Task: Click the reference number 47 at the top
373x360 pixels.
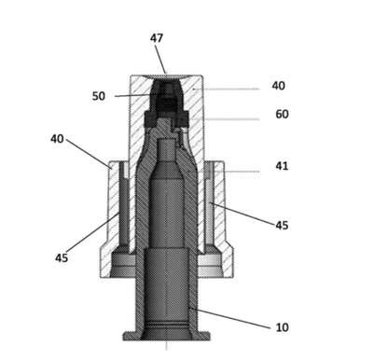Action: [157, 38]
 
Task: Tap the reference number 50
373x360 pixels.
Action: [99, 96]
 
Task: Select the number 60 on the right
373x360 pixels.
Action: [282, 114]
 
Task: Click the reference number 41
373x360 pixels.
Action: [282, 166]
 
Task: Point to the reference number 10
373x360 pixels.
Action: [283, 327]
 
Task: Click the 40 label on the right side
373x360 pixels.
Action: [279, 86]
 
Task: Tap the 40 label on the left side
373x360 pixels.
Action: [57, 139]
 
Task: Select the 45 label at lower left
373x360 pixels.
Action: [62, 257]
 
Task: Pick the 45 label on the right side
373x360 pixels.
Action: [282, 226]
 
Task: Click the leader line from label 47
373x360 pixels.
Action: [161, 59]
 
